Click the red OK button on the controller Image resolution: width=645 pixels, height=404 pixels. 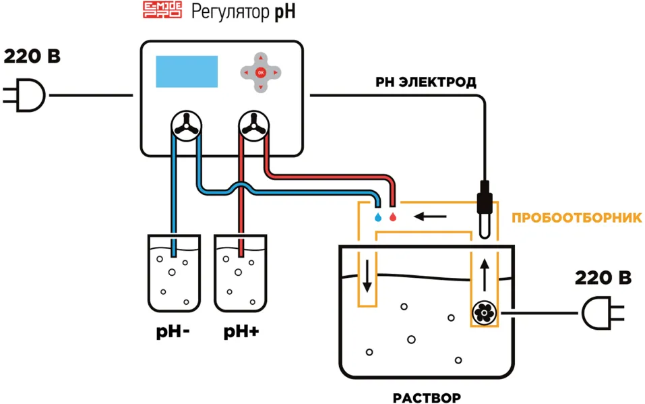click(x=260, y=72)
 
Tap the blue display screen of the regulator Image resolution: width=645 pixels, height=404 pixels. click(x=187, y=71)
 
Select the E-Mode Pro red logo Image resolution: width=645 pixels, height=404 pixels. click(x=162, y=10)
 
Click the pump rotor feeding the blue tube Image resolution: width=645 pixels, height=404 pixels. click(x=186, y=126)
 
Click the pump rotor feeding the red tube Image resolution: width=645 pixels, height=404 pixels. click(x=254, y=126)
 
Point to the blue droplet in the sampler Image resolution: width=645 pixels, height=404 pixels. click(x=378, y=217)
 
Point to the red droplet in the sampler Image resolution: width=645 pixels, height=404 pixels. click(x=393, y=217)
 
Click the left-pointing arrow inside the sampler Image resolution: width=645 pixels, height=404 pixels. click(x=430, y=217)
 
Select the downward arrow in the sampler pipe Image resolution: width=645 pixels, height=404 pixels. click(x=367, y=276)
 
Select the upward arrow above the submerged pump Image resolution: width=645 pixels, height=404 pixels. click(x=485, y=275)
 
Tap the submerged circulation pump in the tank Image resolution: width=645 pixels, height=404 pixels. click(x=485, y=313)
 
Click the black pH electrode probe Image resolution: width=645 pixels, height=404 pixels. click(x=485, y=210)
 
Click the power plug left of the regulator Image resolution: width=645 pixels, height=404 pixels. click(x=24, y=95)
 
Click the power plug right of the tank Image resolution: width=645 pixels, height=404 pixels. click(x=603, y=313)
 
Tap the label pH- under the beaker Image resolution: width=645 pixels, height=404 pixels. click(x=173, y=332)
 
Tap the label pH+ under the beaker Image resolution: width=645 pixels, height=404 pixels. click(x=241, y=332)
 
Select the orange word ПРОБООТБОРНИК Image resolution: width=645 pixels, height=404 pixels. click(x=577, y=218)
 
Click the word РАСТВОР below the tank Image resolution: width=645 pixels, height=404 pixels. click(x=427, y=398)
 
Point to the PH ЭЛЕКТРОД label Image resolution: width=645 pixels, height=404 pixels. click(x=426, y=82)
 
